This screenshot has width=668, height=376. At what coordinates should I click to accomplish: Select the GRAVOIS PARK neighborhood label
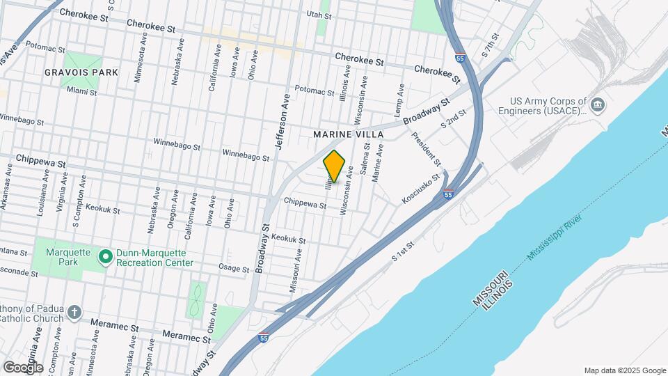pyautogui.click(x=81, y=72)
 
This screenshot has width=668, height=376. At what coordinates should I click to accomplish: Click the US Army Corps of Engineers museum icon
pyautogui.click(x=598, y=105)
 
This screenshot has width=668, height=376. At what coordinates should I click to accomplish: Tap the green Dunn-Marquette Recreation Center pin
pyautogui.click(x=106, y=258)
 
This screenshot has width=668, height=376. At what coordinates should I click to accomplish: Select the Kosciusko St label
pyautogui.click(x=422, y=189)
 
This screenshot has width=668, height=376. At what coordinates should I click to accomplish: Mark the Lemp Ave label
pyautogui.click(x=400, y=100)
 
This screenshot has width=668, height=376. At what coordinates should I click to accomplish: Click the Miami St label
pyautogui.click(x=82, y=91)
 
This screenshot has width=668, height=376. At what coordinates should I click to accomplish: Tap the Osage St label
pyautogui.click(x=234, y=269)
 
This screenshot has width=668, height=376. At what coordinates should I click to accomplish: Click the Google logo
pyautogui.click(x=23, y=367)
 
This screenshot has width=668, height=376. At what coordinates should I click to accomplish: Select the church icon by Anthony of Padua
pyautogui.click(x=75, y=312)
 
